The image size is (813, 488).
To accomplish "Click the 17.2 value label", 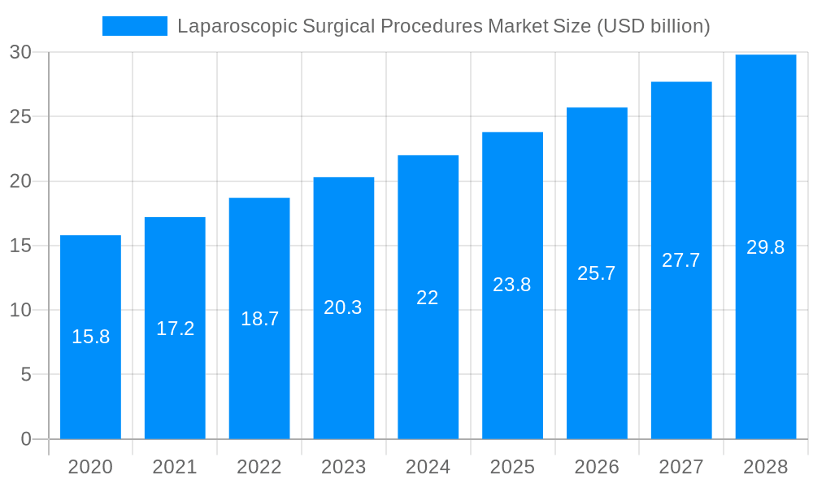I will tap(175, 329).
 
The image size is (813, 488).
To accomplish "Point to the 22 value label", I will tap(428, 298).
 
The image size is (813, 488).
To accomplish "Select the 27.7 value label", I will tap(681, 260).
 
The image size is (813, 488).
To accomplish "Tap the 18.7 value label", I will tap(259, 319).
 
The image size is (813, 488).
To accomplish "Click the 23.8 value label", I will tap(512, 285).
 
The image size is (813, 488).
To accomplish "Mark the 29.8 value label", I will tap(766, 247).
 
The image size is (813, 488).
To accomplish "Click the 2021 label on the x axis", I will tap(175, 467).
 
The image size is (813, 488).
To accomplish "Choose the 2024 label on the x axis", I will tap(428, 467).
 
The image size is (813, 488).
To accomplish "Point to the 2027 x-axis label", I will tap(681, 467).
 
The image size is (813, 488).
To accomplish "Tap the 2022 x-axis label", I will tap(259, 467).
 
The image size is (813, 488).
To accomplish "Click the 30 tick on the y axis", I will tap(20, 52).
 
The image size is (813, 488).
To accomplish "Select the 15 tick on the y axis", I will tap(20, 246).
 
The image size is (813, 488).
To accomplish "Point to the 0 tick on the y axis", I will tap(25, 439).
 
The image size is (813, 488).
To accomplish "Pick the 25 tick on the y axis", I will tap(20, 116).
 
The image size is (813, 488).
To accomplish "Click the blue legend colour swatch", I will tap(135, 26).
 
